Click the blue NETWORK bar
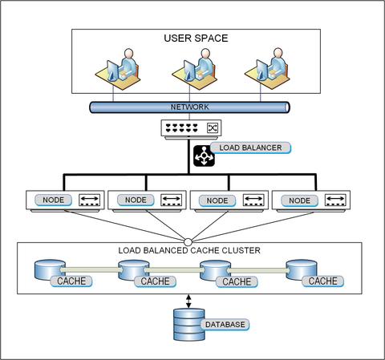[x=189, y=107]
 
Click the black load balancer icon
[x=204, y=156]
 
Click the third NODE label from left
[x=218, y=200]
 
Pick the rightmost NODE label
[x=300, y=200]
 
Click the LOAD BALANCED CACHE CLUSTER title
[x=189, y=251]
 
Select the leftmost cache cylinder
[x=49, y=271]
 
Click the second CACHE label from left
[x=155, y=281]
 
